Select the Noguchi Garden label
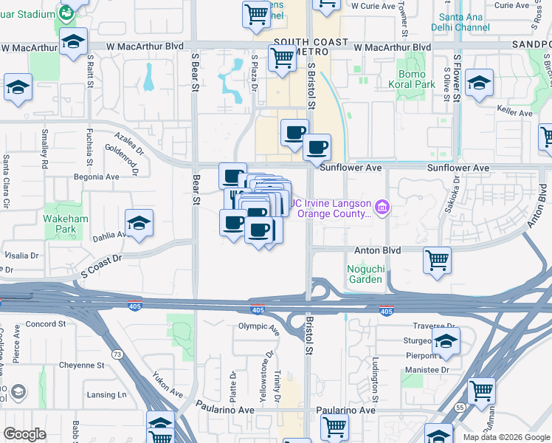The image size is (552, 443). [365, 274]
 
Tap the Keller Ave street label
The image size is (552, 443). [514, 114]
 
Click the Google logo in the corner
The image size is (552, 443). [24, 433]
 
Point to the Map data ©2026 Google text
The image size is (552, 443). [506, 437]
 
